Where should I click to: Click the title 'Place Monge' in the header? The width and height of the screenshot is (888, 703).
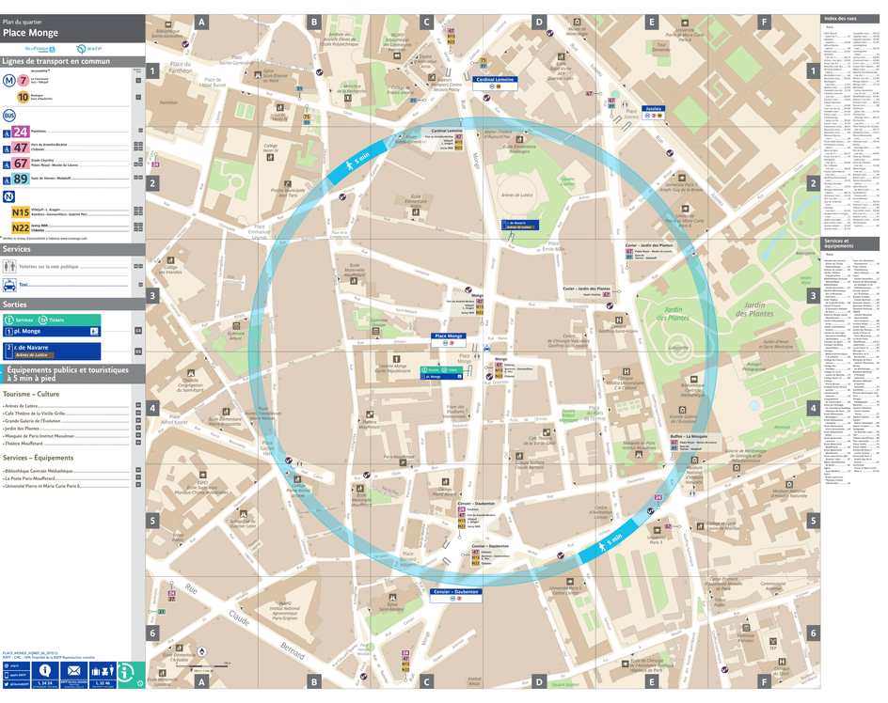click(x=31, y=33)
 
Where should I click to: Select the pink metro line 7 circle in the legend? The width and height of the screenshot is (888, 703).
click(x=23, y=80)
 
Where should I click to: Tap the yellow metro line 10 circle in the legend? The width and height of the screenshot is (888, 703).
click(x=23, y=96)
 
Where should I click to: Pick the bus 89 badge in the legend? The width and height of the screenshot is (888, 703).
click(x=21, y=179)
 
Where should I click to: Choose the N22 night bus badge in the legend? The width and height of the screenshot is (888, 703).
click(x=21, y=227)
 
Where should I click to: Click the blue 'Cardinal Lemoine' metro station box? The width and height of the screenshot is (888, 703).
click(x=495, y=80)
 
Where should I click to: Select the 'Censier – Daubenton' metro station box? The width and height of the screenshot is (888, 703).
click(x=456, y=592)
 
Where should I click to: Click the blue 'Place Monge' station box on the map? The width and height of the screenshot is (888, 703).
click(x=449, y=336)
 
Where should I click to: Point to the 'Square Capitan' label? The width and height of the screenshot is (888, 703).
click(x=567, y=180)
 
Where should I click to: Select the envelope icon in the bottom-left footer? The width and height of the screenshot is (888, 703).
click(x=74, y=670)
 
